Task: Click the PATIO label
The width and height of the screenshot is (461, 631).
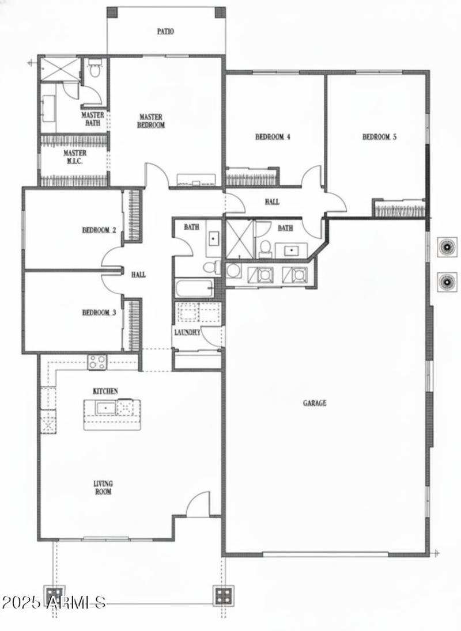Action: point(165,32)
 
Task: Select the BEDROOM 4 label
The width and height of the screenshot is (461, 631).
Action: point(273,137)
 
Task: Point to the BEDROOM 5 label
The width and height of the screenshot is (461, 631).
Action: point(380,137)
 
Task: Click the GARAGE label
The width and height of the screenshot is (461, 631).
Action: point(315,403)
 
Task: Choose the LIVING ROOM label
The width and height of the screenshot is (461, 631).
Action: point(104,488)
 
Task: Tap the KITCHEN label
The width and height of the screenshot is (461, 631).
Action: point(105,391)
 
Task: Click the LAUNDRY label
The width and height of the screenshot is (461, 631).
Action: point(187,333)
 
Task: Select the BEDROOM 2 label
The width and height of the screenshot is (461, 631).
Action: point(99,230)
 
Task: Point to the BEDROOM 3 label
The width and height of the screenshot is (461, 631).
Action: point(99,313)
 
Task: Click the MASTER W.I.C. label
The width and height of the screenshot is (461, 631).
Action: point(75,157)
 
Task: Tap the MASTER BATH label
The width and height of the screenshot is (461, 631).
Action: point(93,119)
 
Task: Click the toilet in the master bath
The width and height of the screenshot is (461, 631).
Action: point(95,72)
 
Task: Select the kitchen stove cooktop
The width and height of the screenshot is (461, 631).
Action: point(97,362)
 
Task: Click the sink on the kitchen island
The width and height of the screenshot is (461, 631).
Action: point(105,408)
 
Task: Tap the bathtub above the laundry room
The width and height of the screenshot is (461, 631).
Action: point(194,289)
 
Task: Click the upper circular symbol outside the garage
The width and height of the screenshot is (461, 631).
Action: point(446,247)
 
